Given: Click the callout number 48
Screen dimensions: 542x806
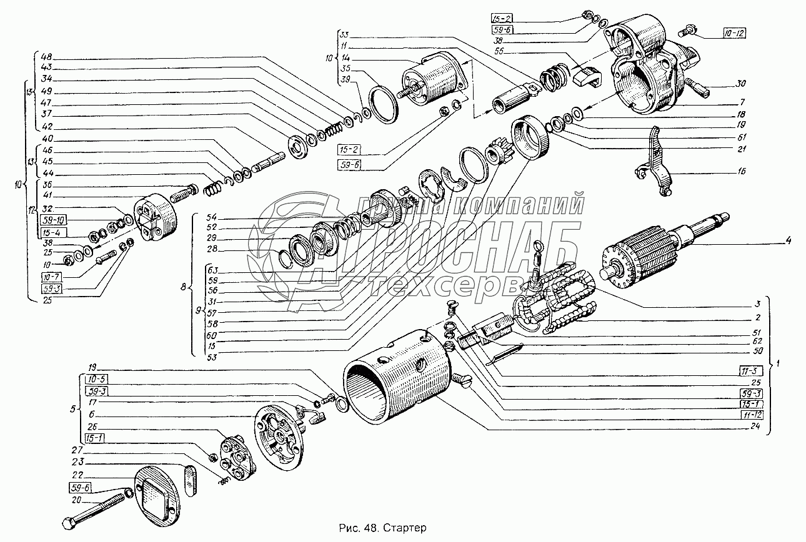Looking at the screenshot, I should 46,54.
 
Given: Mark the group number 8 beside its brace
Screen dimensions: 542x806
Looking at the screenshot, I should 183,288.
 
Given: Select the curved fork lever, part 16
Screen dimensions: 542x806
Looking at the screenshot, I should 655,162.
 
